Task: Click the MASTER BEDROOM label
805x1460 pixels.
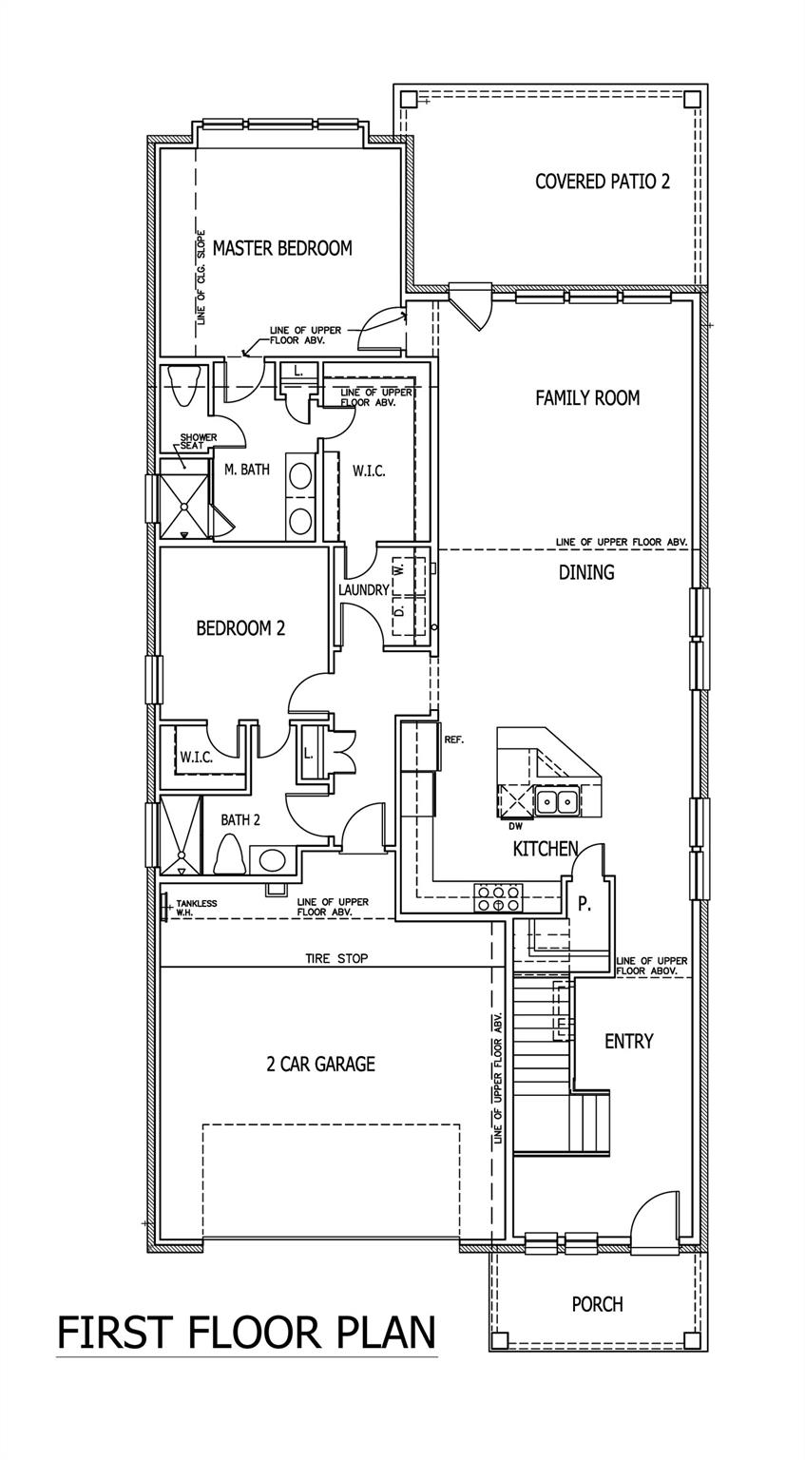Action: click(282, 249)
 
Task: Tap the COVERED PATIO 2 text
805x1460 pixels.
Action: click(602, 182)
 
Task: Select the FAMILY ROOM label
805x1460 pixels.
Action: click(587, 398)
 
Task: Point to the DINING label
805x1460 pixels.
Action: click(586, 572)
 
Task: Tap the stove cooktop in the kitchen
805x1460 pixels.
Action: click(499, 897)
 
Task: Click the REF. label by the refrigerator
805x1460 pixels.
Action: click(454, 739)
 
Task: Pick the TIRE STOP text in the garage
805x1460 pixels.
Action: click(336, 958)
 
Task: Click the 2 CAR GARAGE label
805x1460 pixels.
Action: click(320, 1064)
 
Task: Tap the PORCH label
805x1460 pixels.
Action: click(598, 1304)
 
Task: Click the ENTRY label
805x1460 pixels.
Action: click(629, 1042)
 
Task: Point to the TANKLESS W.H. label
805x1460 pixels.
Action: click(196, 908)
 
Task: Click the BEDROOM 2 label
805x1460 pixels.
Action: click(240, 628)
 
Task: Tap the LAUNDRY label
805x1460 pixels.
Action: click(364, 590)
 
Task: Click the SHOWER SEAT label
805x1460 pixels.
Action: click(198, 442)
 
